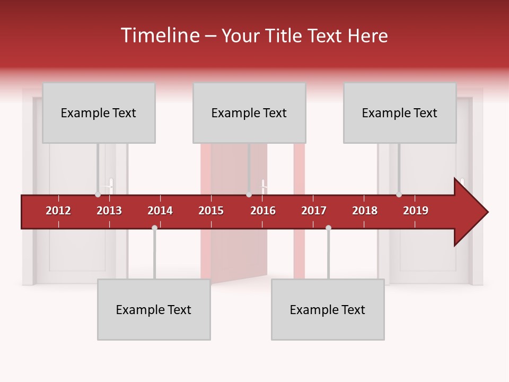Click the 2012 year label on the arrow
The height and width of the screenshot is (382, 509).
tap(58, 211)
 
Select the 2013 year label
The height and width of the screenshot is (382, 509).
tap(109, 211)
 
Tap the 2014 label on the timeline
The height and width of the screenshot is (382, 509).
tap(160, 211)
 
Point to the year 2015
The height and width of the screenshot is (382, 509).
tap(211, 211)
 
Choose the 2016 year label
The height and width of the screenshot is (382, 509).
tap(263, 211)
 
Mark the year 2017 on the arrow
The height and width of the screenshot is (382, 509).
tap(314, 211)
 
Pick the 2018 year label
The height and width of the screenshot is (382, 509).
tap(365, 211)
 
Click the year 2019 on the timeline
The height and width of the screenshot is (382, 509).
tap(416, 211)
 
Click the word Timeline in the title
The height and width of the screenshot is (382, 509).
tap(159, 36)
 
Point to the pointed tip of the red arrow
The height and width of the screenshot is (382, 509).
tap(487, 212)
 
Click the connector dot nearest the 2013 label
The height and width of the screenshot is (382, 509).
tap(98, 195)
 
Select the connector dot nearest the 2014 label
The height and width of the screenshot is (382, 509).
tap(154, 228)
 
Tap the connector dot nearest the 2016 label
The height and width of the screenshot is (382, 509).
tap(249, 195)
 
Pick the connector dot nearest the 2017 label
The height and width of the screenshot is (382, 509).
tap(328, 228)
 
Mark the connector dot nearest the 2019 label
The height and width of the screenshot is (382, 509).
tap(399, 195)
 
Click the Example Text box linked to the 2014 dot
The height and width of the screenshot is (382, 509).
tap(154, 310)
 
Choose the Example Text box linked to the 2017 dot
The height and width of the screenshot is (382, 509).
tap(328, 310)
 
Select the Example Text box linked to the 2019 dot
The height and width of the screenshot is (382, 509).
tap(400, 113)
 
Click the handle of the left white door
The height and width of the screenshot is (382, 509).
tap(111, 186)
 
